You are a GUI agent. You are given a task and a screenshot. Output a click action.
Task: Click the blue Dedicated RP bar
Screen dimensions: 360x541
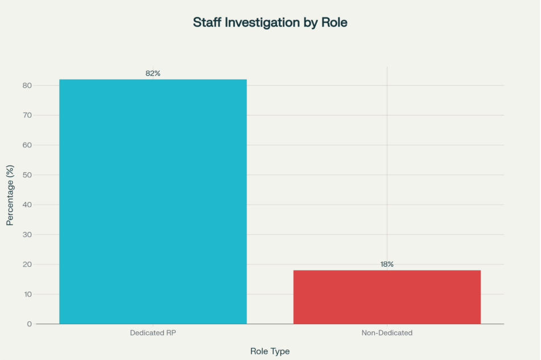click(152, 201)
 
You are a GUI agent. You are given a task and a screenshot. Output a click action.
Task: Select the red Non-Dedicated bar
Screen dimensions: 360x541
click(387, 297)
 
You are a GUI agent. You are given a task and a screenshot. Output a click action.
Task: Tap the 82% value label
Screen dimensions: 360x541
click(152, 73)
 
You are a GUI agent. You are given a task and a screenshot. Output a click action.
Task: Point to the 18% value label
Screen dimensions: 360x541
click(387, 264)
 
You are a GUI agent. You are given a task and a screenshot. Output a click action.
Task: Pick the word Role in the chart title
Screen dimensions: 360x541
click(334, 23)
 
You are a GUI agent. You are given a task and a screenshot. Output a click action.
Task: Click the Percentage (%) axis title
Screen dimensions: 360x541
click(10, 195)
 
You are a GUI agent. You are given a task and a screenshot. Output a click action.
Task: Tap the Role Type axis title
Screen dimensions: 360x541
click(270, 351)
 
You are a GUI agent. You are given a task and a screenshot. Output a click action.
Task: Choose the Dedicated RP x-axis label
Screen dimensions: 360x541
click(152, 333)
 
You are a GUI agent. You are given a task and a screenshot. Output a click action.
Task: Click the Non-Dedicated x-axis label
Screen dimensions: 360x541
click(387, 333)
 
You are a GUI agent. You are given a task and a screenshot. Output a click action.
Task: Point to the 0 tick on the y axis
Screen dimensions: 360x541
click(29, 324)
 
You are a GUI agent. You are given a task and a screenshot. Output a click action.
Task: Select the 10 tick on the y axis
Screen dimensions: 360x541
click(27, 294)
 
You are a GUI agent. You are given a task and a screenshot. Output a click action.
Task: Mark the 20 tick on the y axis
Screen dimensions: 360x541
click(27, 264)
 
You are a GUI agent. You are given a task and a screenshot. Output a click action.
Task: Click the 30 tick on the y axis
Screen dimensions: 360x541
click(27, 234)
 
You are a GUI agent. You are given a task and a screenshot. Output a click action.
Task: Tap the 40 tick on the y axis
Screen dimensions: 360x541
click(27, 205)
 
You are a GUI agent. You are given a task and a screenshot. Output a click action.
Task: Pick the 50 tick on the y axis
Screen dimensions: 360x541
click(27, 175)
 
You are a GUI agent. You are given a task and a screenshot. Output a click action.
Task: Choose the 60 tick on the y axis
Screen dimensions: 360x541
click(27, 145)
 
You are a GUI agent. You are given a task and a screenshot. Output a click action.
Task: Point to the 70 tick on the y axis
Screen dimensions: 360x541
click(27, 115)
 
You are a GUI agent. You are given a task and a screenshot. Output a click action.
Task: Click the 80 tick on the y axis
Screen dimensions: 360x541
click(27, 85)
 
